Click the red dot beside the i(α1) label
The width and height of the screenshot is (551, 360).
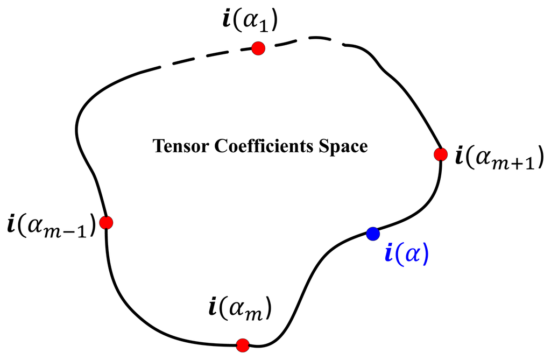(258, 48)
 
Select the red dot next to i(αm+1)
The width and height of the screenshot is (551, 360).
(440, 155)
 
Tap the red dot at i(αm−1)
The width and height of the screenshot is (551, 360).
(107, 222)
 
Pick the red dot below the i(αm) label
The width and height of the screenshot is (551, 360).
(242, 344)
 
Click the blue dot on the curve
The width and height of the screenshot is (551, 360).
(372, 234)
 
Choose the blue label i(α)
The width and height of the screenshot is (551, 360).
(406, 253)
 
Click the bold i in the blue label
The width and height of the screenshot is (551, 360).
(388, 253)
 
